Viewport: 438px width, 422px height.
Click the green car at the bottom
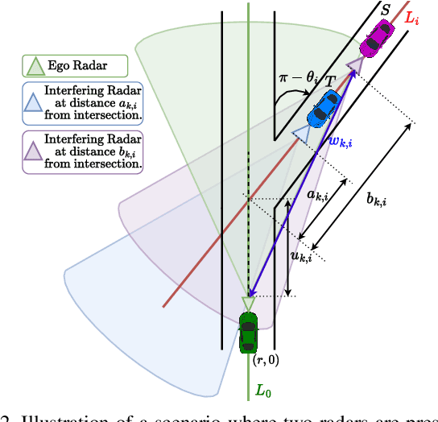pyautogui.click(x=248, y=332)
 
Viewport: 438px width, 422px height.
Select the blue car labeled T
pyautogui.click(x=324, y=109)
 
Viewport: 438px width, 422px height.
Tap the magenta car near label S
pyautogui.click(x=376, y=39)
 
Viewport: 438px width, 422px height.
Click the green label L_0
pyautogui.click(x=263, y=391)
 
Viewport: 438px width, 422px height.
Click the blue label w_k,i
pyautogui.click(x=341, y=141)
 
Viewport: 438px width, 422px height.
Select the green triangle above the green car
pyautogui.click(x=248, y=303)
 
